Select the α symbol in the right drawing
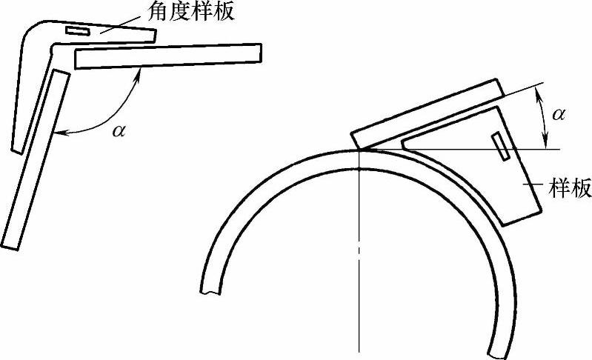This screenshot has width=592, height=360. [x=559, y=113]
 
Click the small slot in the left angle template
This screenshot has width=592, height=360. [x=77, y=31]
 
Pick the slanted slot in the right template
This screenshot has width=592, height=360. [x=502, y=146]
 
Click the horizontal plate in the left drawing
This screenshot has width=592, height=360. [x=168, y=56]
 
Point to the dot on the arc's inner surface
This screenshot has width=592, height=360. [x=359, y=170]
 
